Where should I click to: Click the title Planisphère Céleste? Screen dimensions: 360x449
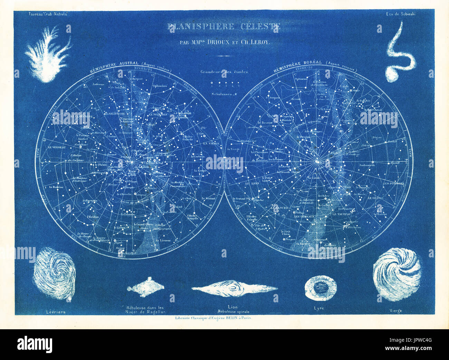tap(224, 27)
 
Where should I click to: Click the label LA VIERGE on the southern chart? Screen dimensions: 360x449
tap(210, 143)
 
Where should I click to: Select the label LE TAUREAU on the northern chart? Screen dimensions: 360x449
tap(342, 214)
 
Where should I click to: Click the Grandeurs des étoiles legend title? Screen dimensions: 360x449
tap(224, 72)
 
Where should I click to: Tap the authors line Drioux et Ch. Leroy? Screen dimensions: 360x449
tap(224, 42)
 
